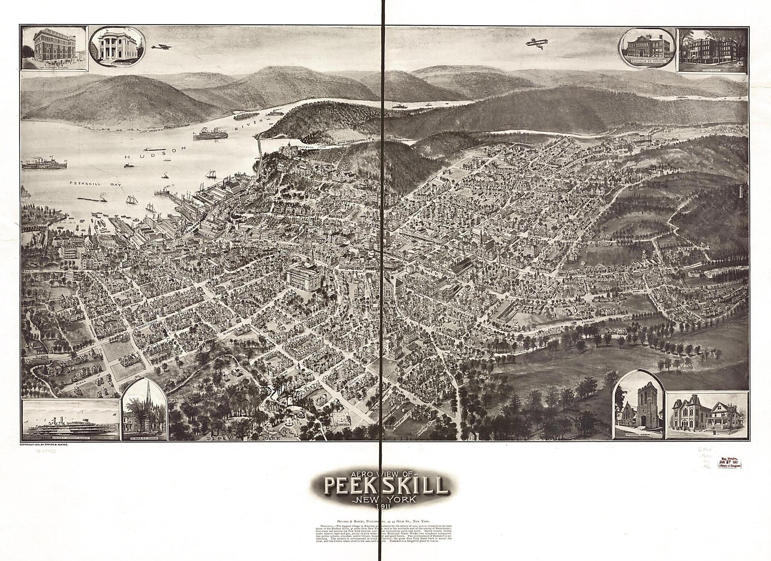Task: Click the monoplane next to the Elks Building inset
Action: pyautogui.click(x=162, y=47)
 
